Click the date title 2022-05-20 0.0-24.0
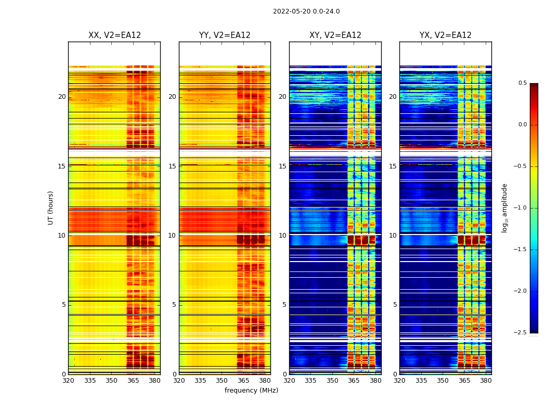306,11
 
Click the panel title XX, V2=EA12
114,35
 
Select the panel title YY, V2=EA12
225,35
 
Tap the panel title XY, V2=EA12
335,35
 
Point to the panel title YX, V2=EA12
446,35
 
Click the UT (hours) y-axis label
51,207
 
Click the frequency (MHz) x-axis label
251,391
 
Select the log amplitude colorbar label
504,207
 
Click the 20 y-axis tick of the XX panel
62,97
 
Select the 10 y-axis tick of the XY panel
283,236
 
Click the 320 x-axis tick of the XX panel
68,381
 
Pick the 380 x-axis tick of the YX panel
486,381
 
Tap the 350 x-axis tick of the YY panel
222,381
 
